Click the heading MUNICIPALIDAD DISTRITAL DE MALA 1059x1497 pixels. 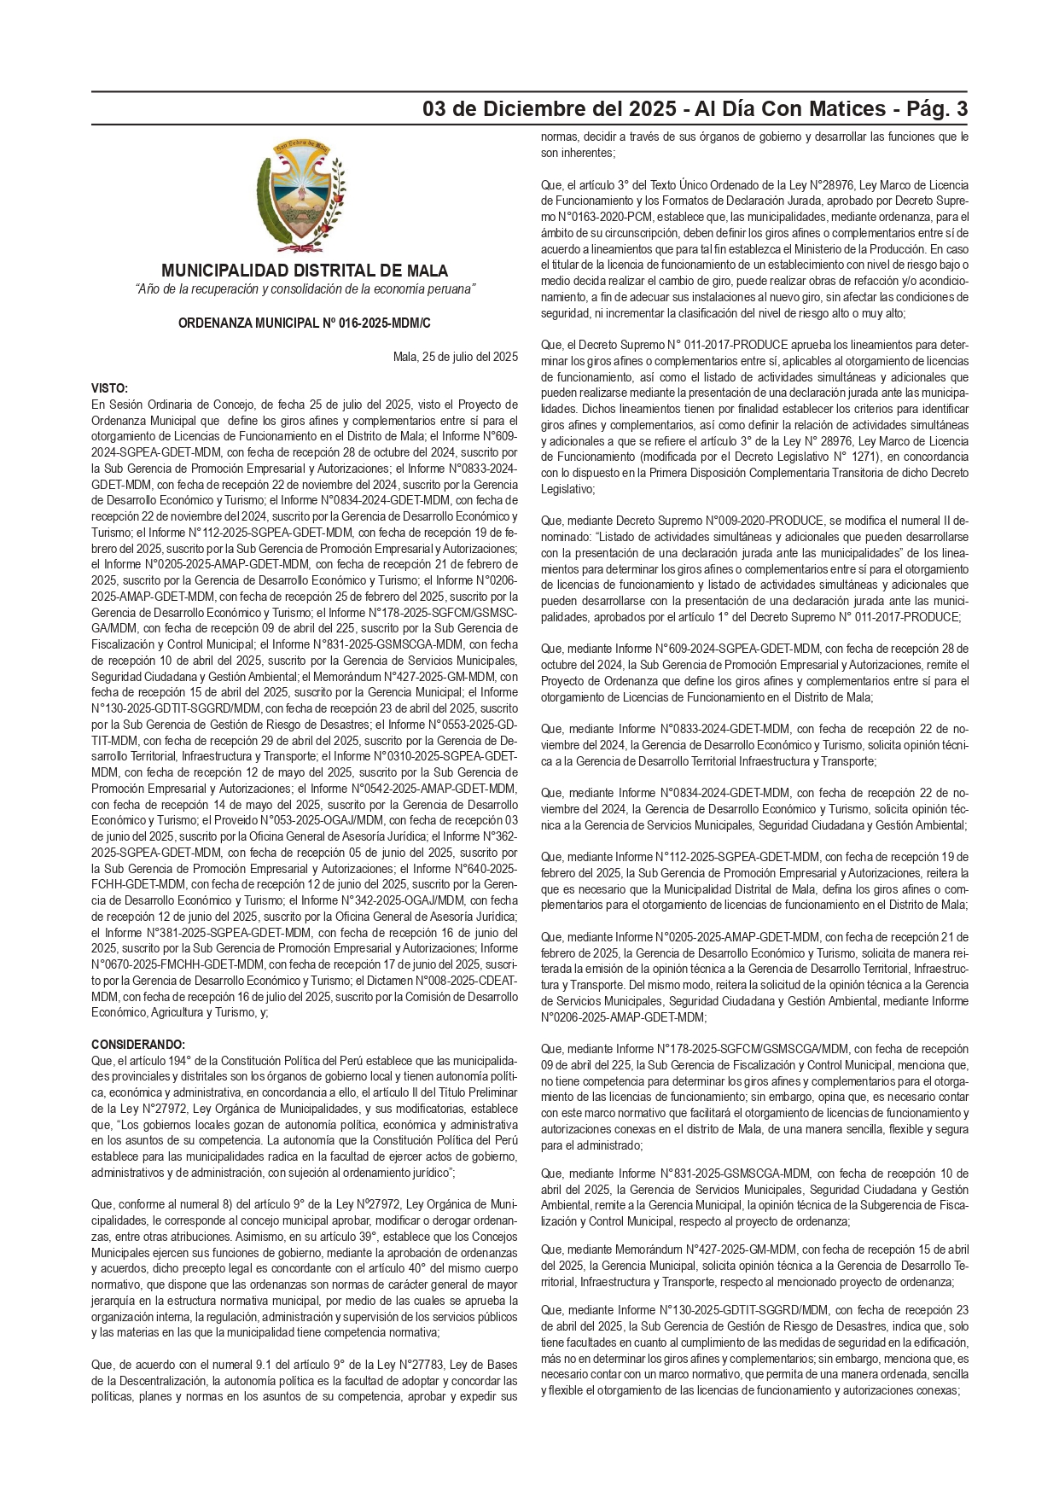305,271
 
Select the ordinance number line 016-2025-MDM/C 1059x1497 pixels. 305,323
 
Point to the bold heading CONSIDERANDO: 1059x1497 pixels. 137,1044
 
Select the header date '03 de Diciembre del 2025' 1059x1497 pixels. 556,109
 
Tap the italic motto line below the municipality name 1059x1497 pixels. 305,290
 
